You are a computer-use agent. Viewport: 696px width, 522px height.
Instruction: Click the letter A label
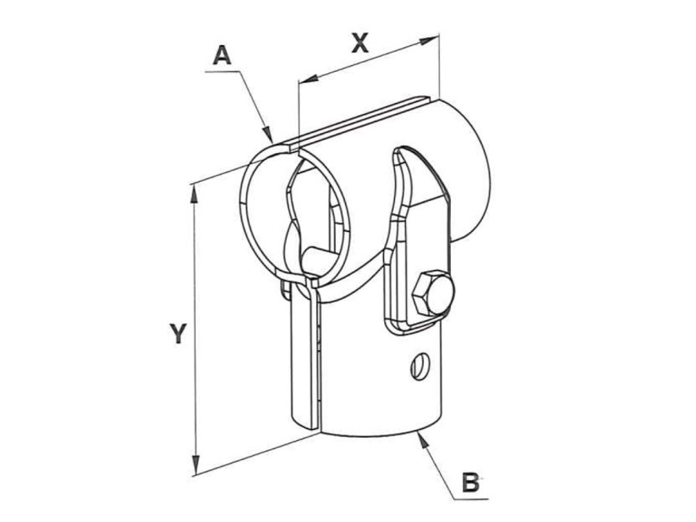click(x=223, y=56)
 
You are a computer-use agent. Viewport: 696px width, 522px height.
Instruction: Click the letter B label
click(x=471, y=483)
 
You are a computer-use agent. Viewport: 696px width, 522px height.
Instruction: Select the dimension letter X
click(x=360, y=43)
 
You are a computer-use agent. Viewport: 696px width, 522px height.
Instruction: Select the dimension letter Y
click(x=178, y=333)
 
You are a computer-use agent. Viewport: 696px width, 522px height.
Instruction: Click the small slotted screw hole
click(x=420, y=365)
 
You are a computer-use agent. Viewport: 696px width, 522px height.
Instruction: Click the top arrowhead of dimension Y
click(x=194, y=194)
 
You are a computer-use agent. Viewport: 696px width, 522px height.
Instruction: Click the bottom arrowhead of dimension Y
click(x=195, y=465)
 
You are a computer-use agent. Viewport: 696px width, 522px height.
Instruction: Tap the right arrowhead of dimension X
click(x=429, y=40)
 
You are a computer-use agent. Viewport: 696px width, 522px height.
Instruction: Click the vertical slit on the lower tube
click(x=319, y=355)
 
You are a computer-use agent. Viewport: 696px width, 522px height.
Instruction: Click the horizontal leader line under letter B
click(x=471, y=499)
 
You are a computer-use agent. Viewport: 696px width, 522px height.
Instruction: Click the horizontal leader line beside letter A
click(x=223, y=71)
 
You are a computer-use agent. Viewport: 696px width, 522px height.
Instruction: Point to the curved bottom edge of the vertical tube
click(x=382, y=434)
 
